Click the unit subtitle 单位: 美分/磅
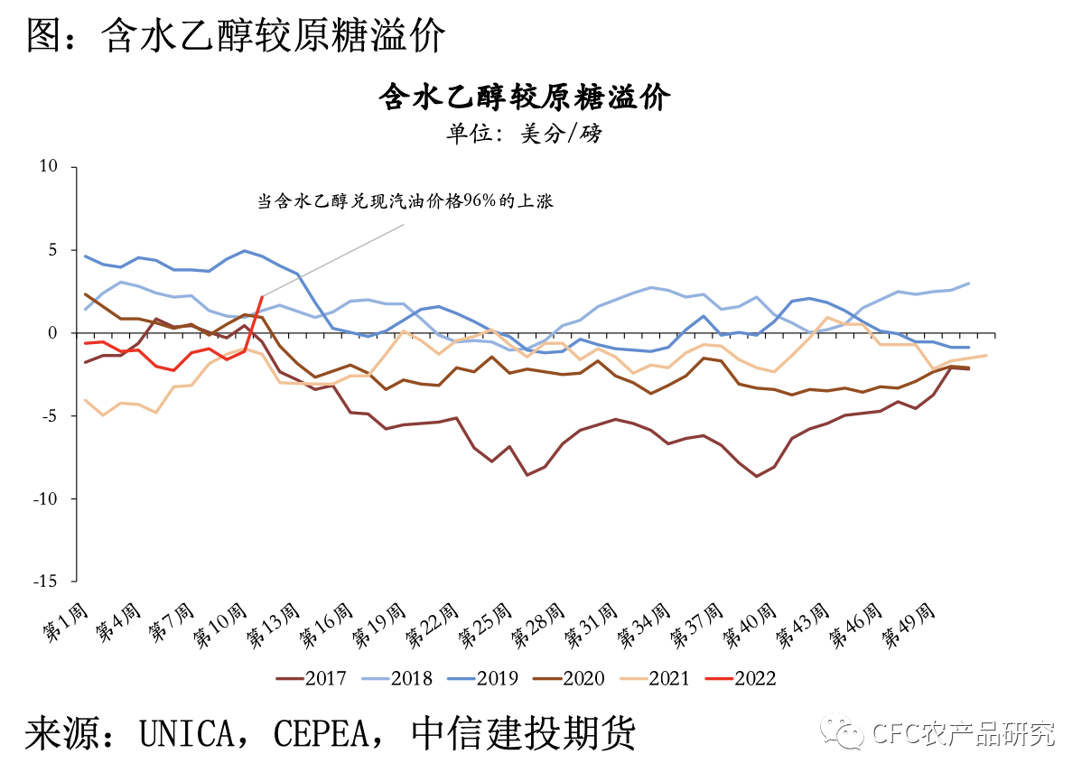(x=524, y=134)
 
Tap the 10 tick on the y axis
(x=48, y=167)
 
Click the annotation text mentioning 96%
(x=405, y=202)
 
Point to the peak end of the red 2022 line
(x=262, y=296)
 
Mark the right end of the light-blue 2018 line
(x=969, y=284)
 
